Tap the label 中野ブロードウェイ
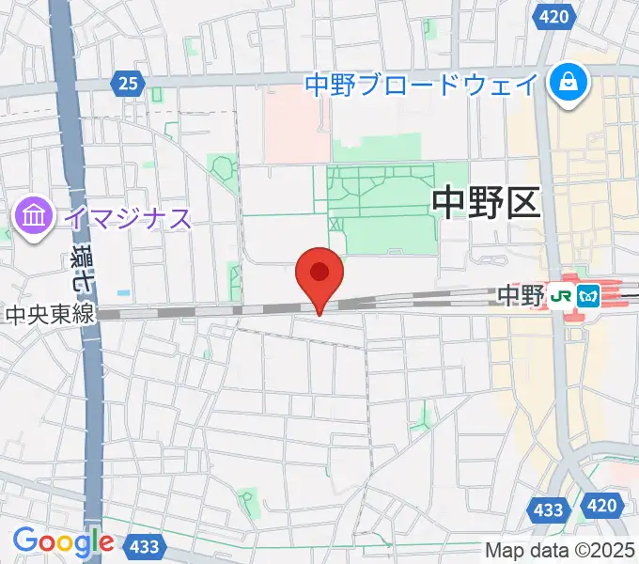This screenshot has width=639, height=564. pyautogui.click(x=422, y=85)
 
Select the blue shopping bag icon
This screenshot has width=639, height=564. pyautogui.click(x=569, y=83)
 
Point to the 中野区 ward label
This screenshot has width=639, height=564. pyautogui.click(x=487, y=202)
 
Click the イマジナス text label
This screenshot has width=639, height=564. pyautogui.click(x=127, y=219)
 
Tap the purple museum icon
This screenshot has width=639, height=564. pyautogui.click(x=34, y=218)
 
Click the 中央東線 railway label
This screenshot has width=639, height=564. pyautogui.click(x=49, y=315)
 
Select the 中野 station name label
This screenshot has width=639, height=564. pyautogui.click(x=521, y=296)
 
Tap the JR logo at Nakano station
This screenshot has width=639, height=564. pyautogui.click(x=563, y=296)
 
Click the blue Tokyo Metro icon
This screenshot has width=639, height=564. pyautogui.click(x=588, y=296)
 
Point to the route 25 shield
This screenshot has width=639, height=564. pyautogui.click(x=129, y=85)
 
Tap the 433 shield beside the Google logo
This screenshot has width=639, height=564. pyautogui.click(x=145, y=544)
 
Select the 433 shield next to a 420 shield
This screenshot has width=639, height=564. pyautogui.click(x=552, y=510)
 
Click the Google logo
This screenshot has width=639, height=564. pyautogui.click(x=63, y=541)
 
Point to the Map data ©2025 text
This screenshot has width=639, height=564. pyautogui.click(x=560, y=550)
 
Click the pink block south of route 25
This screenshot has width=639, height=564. pyautogui.click(x=296, y=127)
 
